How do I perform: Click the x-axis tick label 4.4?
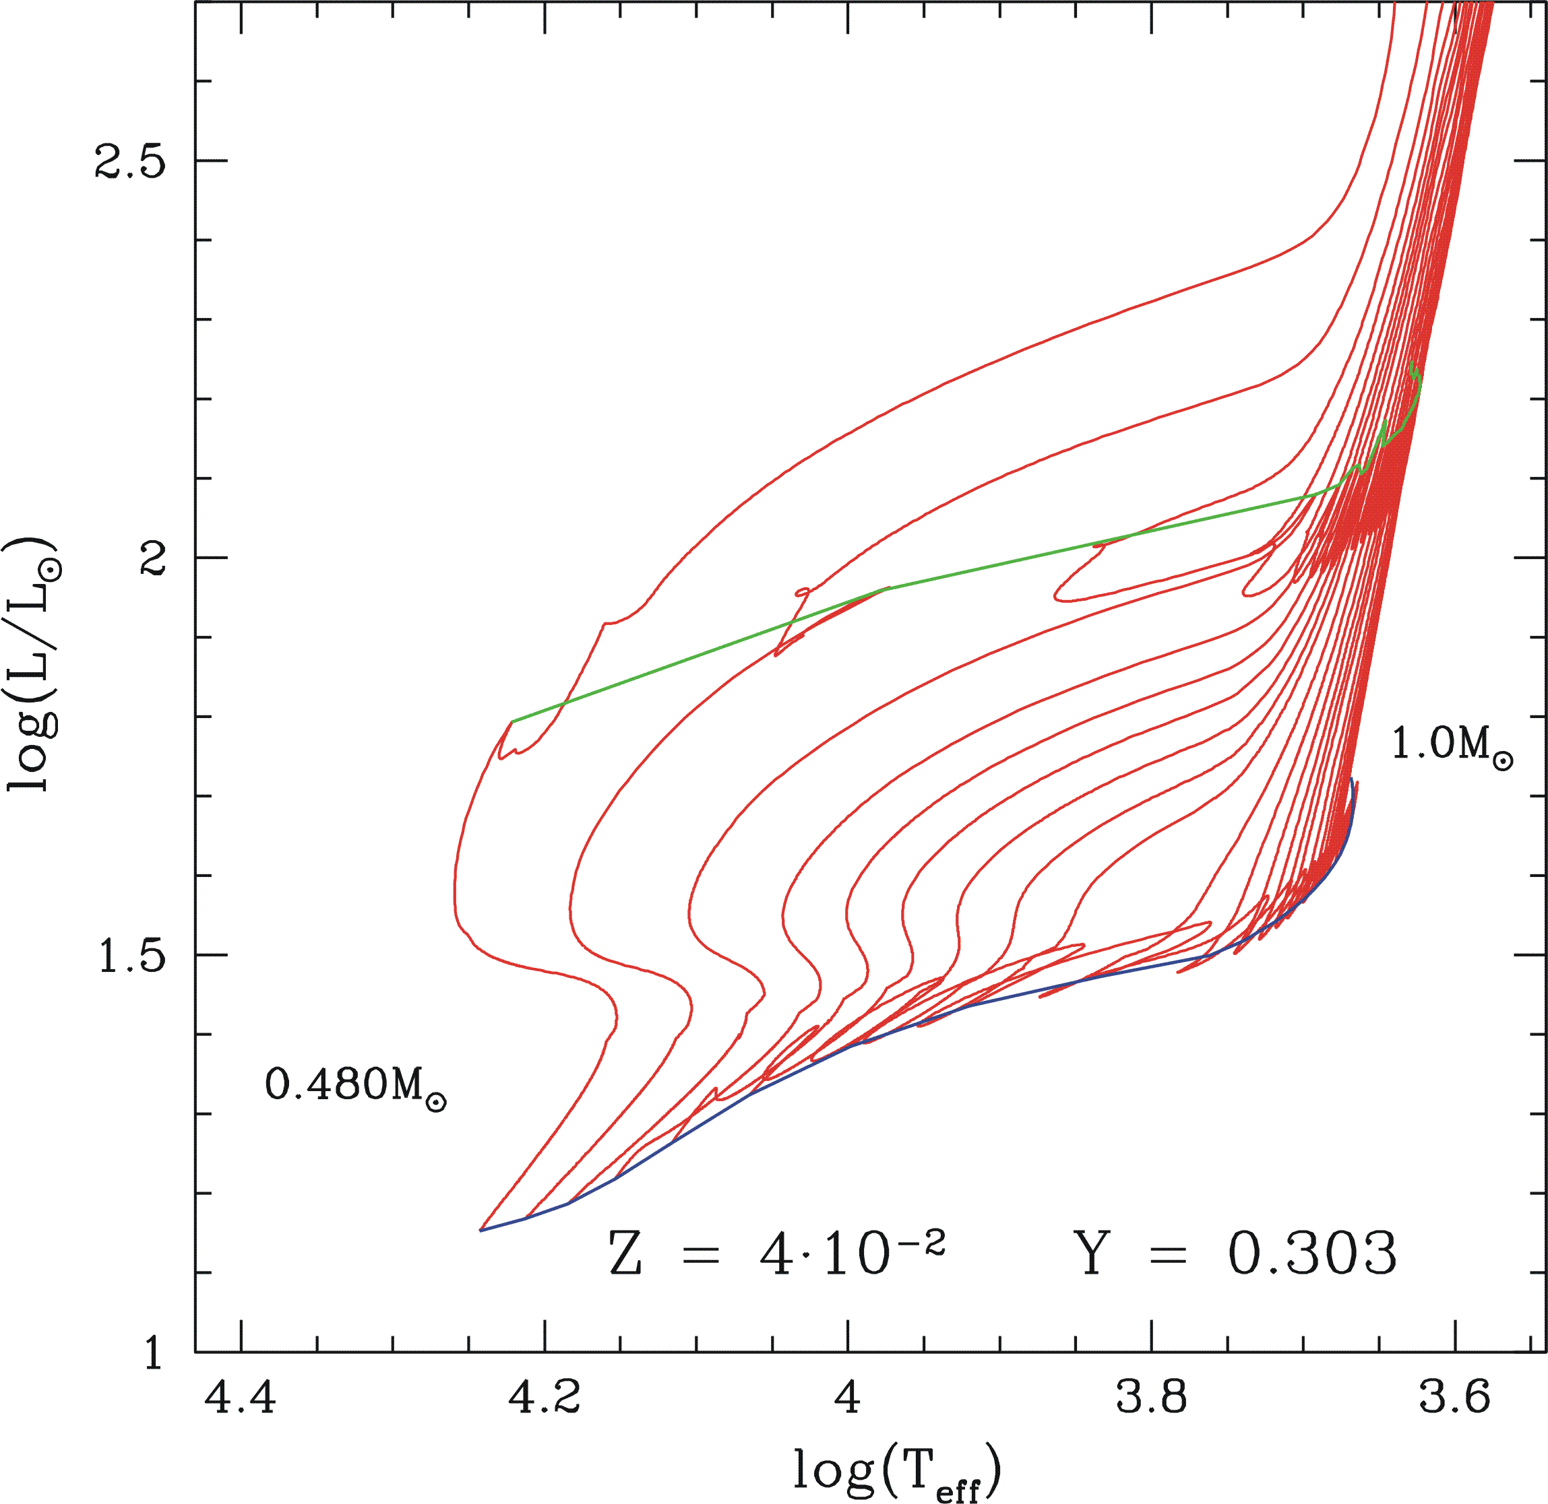(x=240, y=1398)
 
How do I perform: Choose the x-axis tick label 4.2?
(x=544, y=1398)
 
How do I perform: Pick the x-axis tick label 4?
(x=847, y=1398)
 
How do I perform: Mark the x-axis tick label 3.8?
(x=1151, y=1398)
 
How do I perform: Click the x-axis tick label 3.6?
(x=1455, y=1398)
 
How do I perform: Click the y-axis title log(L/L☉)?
(x=32, y=663)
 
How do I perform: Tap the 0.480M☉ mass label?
(x=356, y=1085)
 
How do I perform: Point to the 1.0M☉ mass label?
(x=1452, y=745)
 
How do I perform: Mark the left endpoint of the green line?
(x=513, y=721)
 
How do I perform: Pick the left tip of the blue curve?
(x=481, y=1230)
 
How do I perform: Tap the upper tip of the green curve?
(x=1412, y=362)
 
